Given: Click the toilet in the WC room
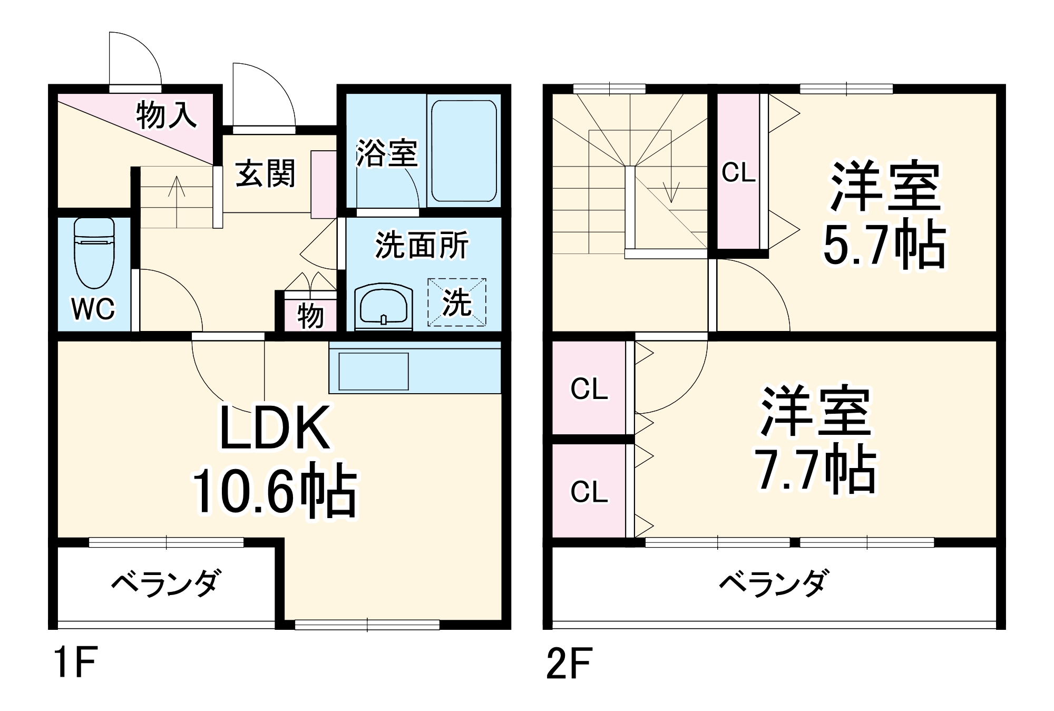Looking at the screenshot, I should click(94, 253).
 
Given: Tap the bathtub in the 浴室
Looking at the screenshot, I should click(464, 151).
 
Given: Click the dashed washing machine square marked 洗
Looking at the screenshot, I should click(456, 303).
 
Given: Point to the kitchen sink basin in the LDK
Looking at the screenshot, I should click(373, 371).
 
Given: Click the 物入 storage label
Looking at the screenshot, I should click(166, 115).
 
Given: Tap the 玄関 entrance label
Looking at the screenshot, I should click(265, 173).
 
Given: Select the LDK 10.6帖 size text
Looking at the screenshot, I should click(275, 489).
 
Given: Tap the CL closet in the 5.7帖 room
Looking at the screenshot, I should click(738, 172).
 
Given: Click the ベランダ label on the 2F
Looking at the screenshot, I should click(773, 583).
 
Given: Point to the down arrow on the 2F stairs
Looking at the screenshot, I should click(671, 192).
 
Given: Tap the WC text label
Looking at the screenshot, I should click(93, 309).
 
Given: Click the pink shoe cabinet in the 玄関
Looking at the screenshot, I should click(323, 184).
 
